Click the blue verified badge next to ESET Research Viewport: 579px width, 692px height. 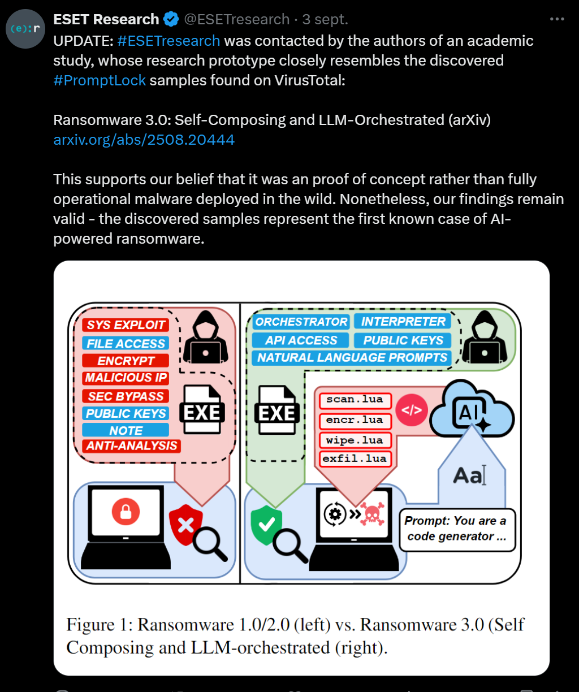(x=171, y=20)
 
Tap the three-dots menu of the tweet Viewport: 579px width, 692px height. (x=557, y=19)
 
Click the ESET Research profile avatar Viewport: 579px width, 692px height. (x=25, y=29)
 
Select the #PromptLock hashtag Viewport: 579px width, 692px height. (x=100, y=80)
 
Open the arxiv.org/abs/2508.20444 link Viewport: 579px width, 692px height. (x=144, y=140)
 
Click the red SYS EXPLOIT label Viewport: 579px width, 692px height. (x=126, y=325)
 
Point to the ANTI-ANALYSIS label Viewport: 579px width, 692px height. (x=132, y=446)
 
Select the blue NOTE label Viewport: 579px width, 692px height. (x=126, y=430)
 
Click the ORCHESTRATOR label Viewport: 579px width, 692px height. (x=301, y=322)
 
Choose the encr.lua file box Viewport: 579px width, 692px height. (x=355, y=420)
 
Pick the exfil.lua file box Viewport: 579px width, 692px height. (x=355, y=459)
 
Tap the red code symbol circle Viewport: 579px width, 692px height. (x=411, y=410)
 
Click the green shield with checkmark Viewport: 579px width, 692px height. (x=266, y=525)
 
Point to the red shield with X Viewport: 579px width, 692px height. (x=185, y=525)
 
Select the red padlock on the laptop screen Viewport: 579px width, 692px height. (x=126, y=512)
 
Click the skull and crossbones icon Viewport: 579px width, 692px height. (x=371, y=514)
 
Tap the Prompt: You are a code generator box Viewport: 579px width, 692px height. (x=457, y=529)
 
